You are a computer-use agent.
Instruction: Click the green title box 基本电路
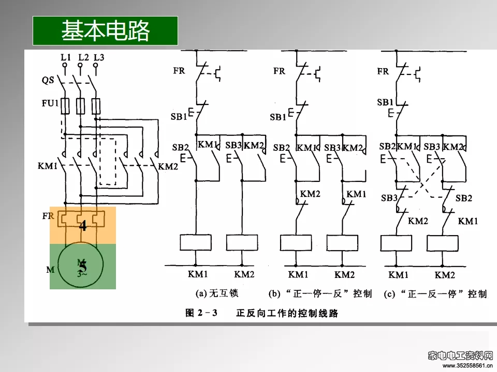pos(105,30)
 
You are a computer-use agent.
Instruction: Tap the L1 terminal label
pos(65,57)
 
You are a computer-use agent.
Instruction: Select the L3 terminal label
pos(99,57)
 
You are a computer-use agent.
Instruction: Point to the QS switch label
pos(48,81)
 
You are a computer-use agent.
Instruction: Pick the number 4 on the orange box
pos(83,225)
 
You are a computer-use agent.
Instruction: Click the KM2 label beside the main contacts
pos(168,166)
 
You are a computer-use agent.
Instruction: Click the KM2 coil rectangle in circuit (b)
pos(341,243)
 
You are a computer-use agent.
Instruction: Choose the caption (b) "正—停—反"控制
pos(320,294)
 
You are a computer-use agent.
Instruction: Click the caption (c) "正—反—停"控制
pos(435,294)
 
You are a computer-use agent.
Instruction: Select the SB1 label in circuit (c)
pos(385,102)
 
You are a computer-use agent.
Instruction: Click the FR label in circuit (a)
pos(179,71)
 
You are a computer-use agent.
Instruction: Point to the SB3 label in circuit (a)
pos(234,146)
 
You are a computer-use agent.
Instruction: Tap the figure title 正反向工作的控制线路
pos(287,313)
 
